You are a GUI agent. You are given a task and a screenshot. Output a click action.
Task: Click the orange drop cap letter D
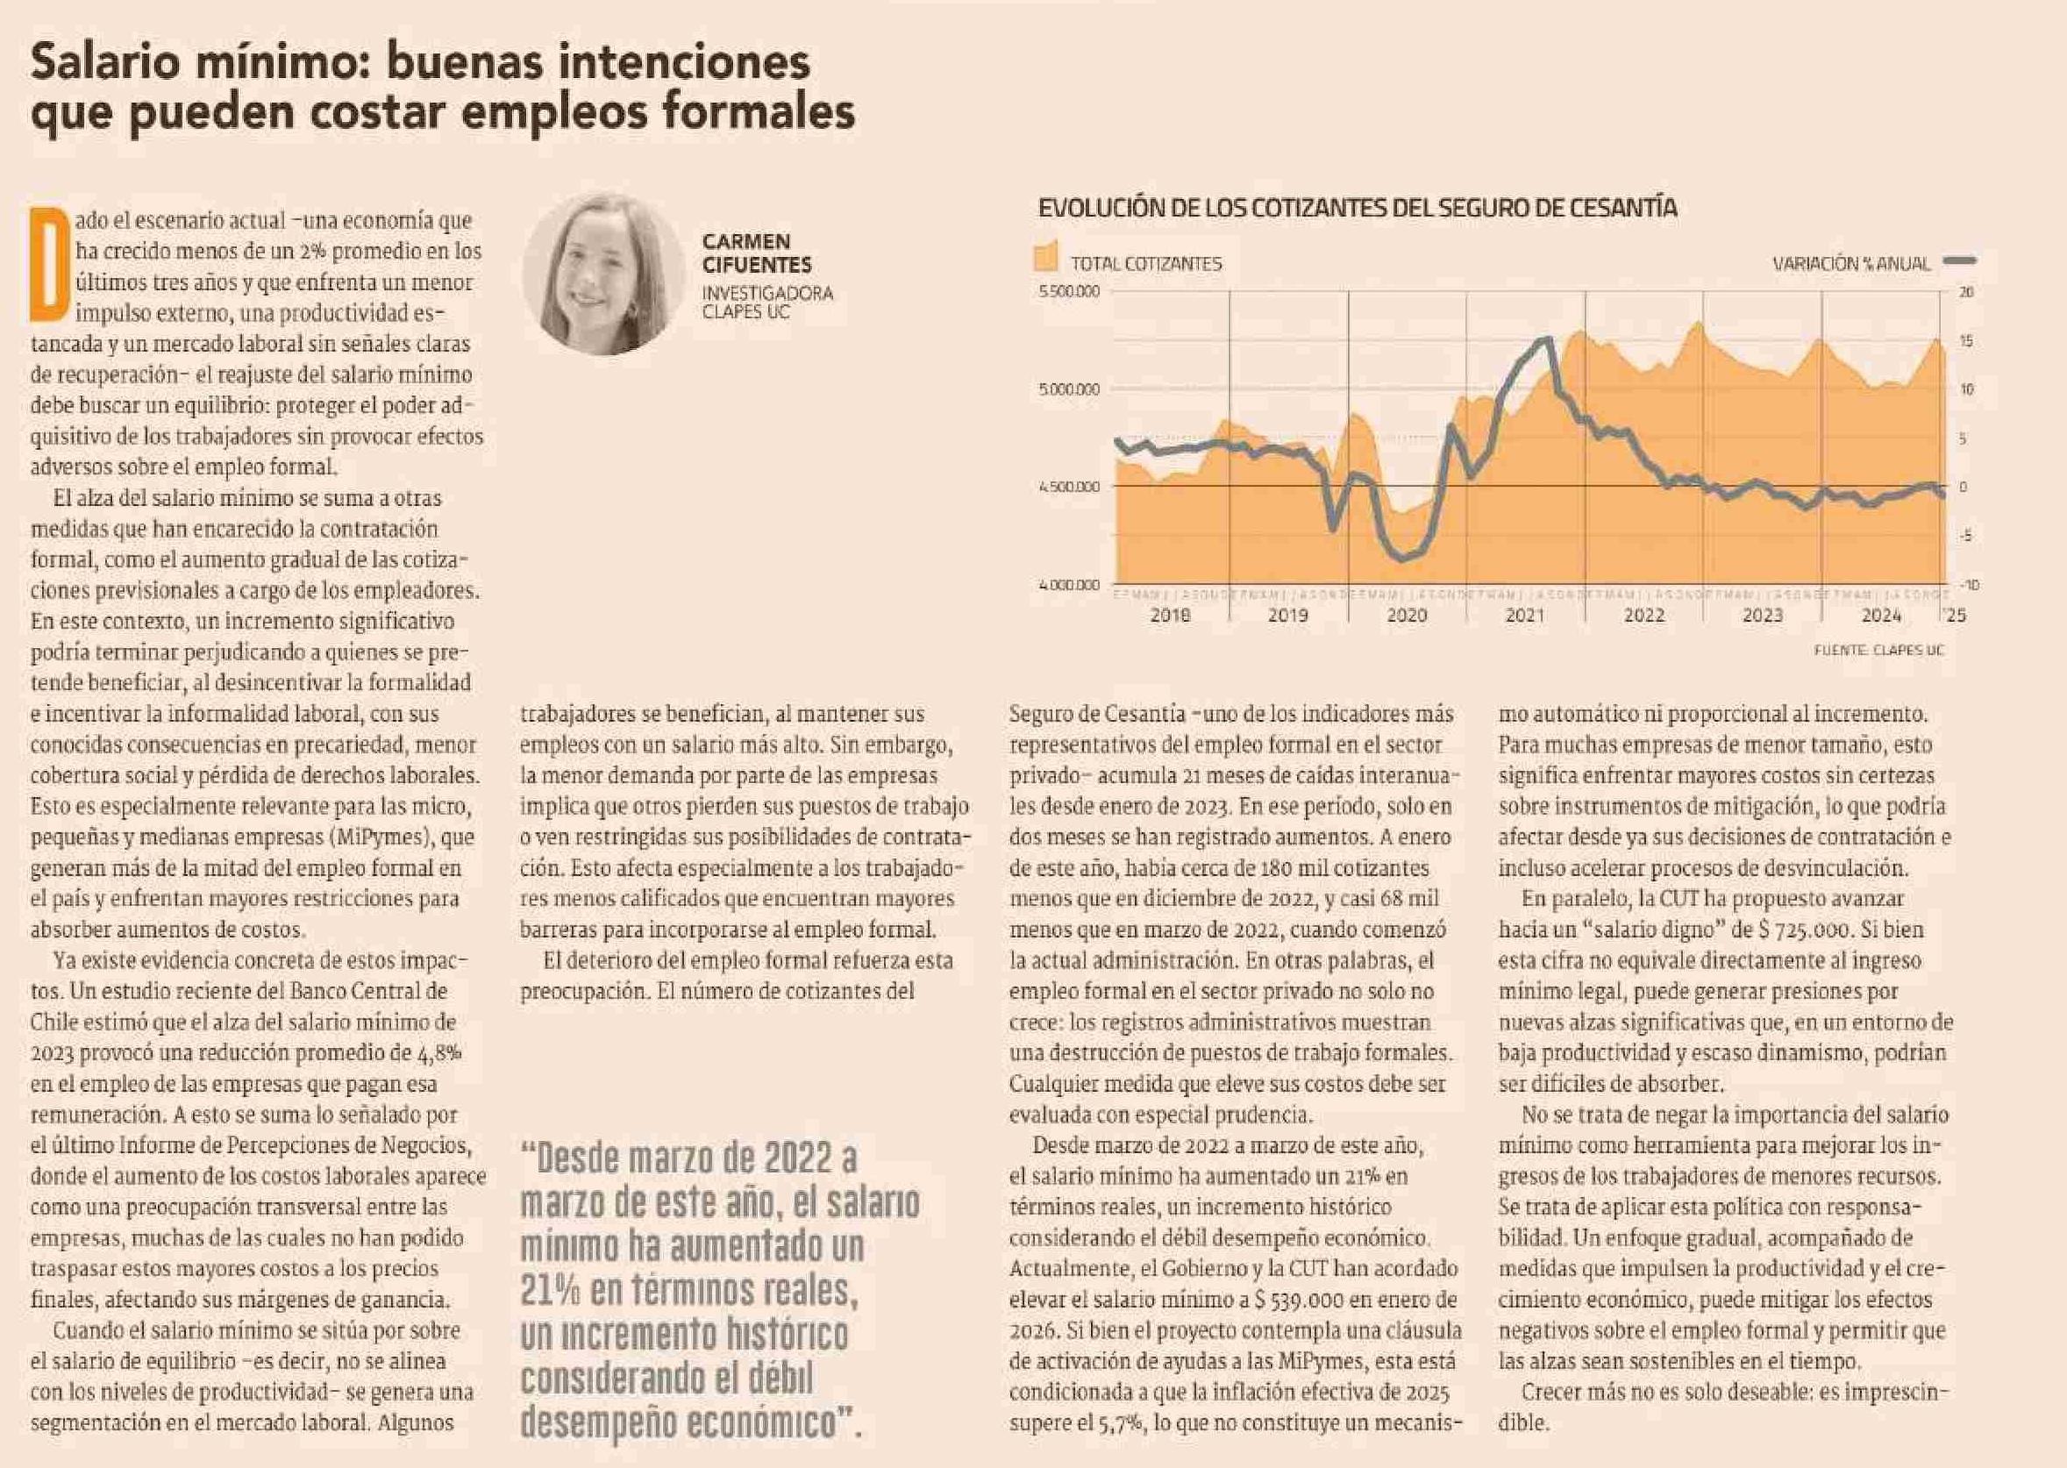pyautogui.click(x=51, y=265)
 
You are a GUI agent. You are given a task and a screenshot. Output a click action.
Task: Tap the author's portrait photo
pyautogui.click(x=602, y=272)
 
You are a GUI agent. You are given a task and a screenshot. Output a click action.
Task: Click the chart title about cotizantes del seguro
pyautogui.click(x=1357, y=208)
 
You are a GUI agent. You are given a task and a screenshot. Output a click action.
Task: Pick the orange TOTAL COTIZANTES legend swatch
pyautogui.click(x=1045, y=257)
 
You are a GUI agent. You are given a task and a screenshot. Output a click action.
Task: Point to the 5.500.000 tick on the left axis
pyautogui.click(x=1069, y=292)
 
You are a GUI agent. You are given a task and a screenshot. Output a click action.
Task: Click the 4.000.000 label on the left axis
pyautogui.click(x=1069, y=586)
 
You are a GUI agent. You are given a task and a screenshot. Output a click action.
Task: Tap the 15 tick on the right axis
pyautogui.click(x=1964, y=342)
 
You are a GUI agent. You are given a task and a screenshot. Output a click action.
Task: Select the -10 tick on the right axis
pyautogui.click(x=1968, y=586)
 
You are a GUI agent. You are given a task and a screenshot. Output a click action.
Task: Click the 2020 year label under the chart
pyautogui.click(x=1407, y=616)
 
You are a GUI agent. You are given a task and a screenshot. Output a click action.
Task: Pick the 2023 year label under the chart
pyautogui.click(x=1762, y=616)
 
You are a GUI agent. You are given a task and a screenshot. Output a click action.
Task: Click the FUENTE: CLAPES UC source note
pyautogui.click(x=1878, y=650)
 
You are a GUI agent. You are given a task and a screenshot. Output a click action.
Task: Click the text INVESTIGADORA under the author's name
pyautogui.click(x=767, y=294)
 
